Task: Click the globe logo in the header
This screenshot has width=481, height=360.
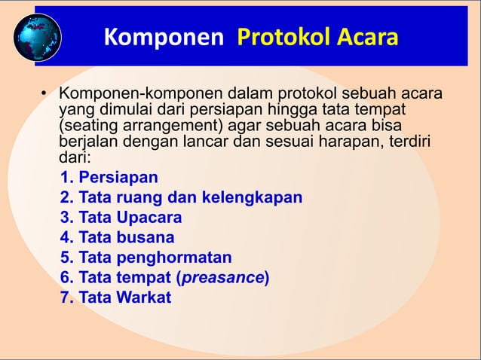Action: click(37, 37)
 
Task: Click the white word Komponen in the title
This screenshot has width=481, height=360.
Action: click(163, 37)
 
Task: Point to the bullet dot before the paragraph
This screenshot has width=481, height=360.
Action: click(44, 96)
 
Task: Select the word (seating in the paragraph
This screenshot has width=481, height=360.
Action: click(87, 127)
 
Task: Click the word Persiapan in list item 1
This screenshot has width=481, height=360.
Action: click(118, 178)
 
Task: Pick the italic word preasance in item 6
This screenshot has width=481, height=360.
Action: click(222, 278)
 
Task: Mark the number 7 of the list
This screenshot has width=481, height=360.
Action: click(65, 297)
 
